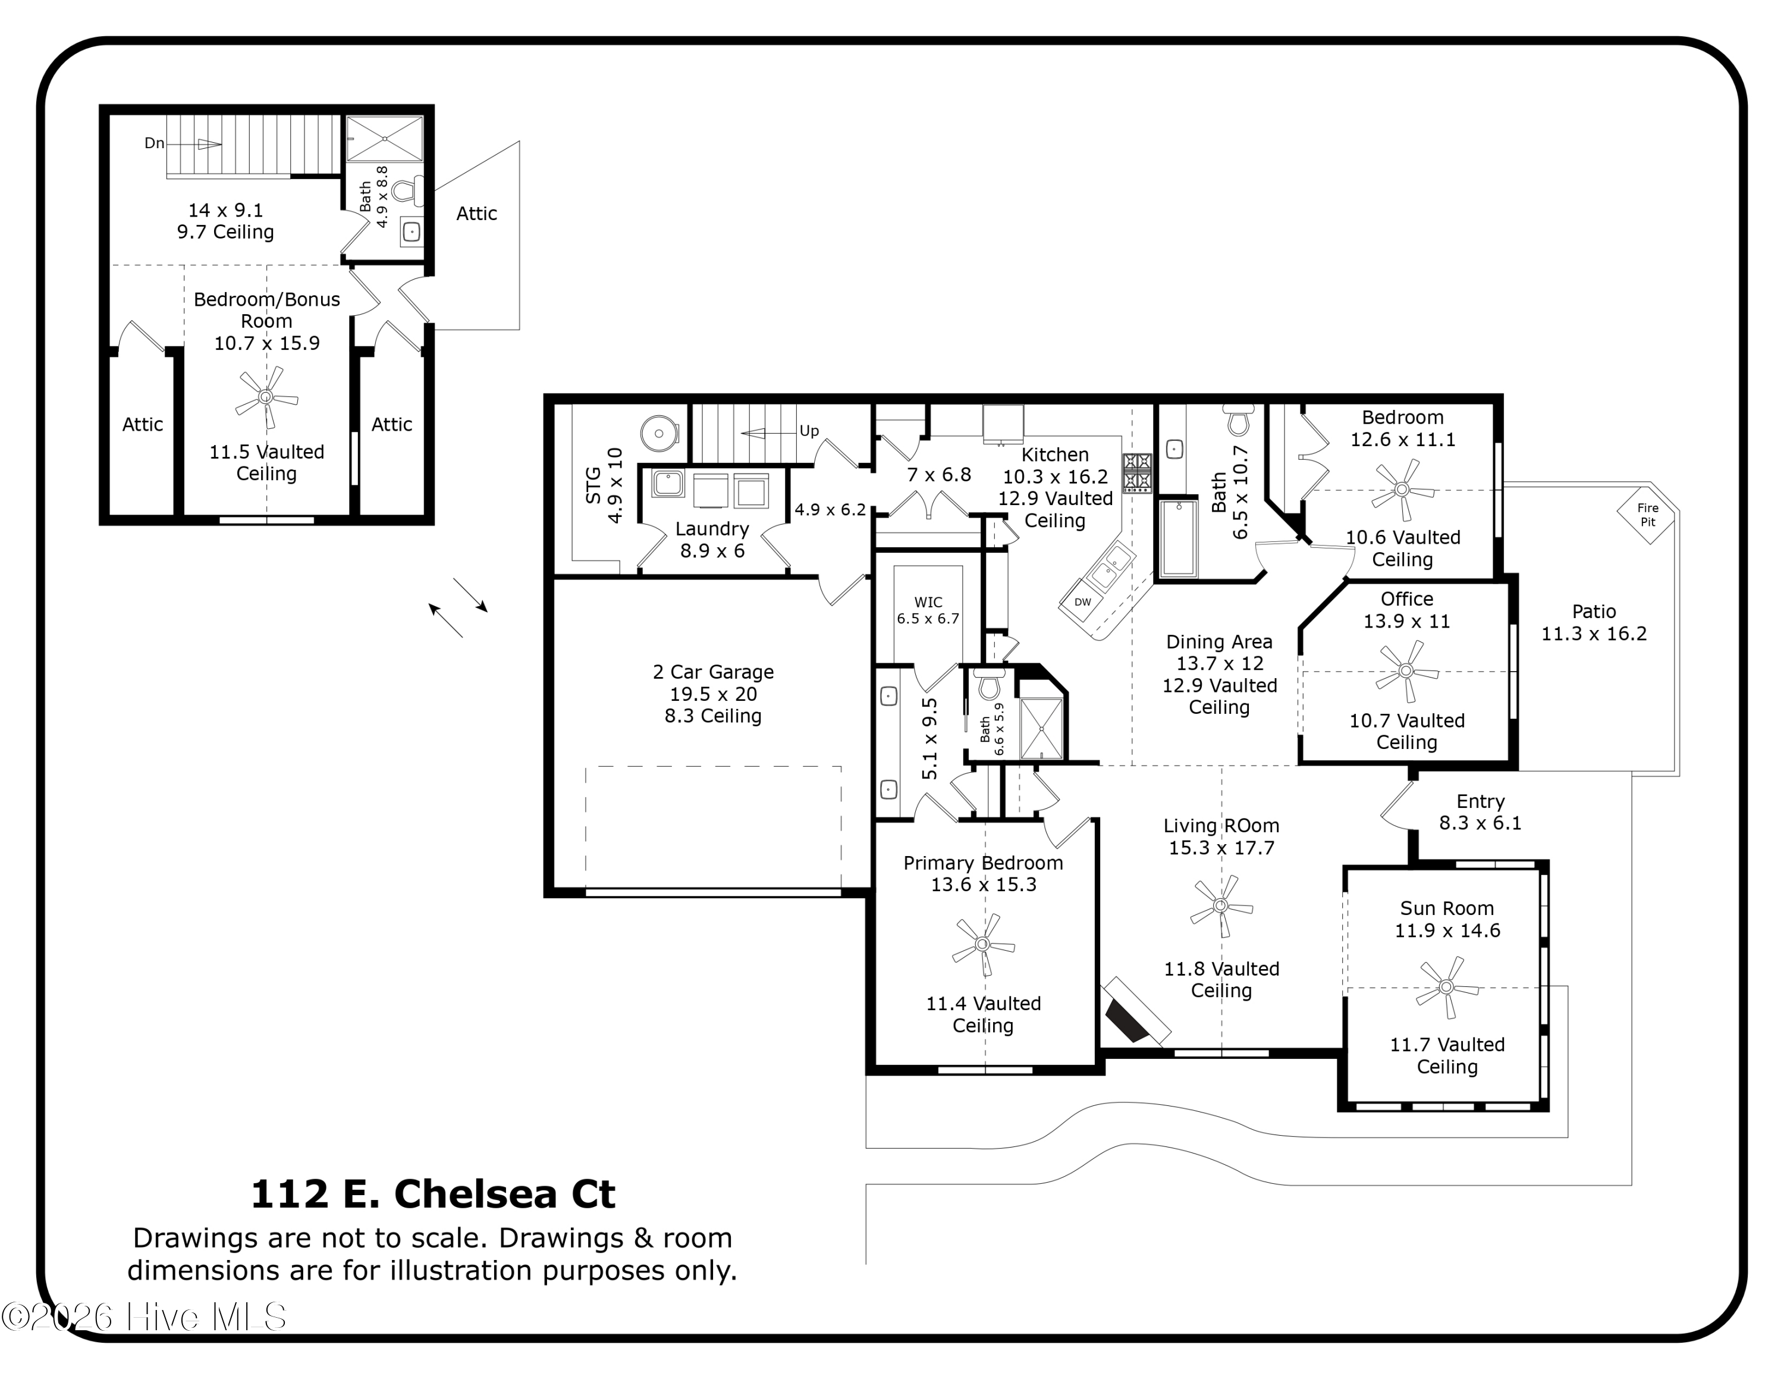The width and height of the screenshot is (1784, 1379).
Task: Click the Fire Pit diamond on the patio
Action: (x=1647, y=516)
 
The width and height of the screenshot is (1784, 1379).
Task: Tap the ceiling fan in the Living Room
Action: (x=1220, y=906)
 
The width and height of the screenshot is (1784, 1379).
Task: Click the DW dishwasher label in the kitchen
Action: (x=1082, y=602)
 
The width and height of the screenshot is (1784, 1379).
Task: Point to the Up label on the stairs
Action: (x=809, y=431)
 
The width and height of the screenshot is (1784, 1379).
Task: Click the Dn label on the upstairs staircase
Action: (x=155, y=143)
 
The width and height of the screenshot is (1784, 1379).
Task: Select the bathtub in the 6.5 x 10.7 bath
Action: (x=1178, y=538)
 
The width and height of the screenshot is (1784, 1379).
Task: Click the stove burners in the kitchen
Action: (x=1137, y=472)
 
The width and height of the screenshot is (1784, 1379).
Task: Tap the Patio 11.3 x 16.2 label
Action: (x=1594, y=622)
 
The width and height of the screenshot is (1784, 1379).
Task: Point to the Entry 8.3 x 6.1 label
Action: (x=1480, y=812)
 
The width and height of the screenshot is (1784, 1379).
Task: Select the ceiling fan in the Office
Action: (x=1406, y=670)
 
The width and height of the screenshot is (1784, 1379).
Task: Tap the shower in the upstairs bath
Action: (x=385, y=138)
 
